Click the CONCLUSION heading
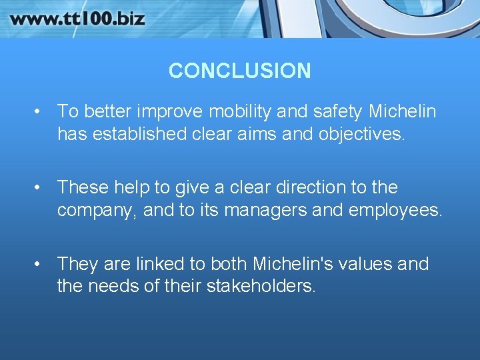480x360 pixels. [x=239, y=71]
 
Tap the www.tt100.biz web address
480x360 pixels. [x=77, y=18]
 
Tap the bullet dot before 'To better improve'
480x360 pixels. [x=41, y=111]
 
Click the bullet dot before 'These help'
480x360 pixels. [x=41, y=188]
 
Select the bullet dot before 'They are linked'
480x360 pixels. [x=41, y=264]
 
